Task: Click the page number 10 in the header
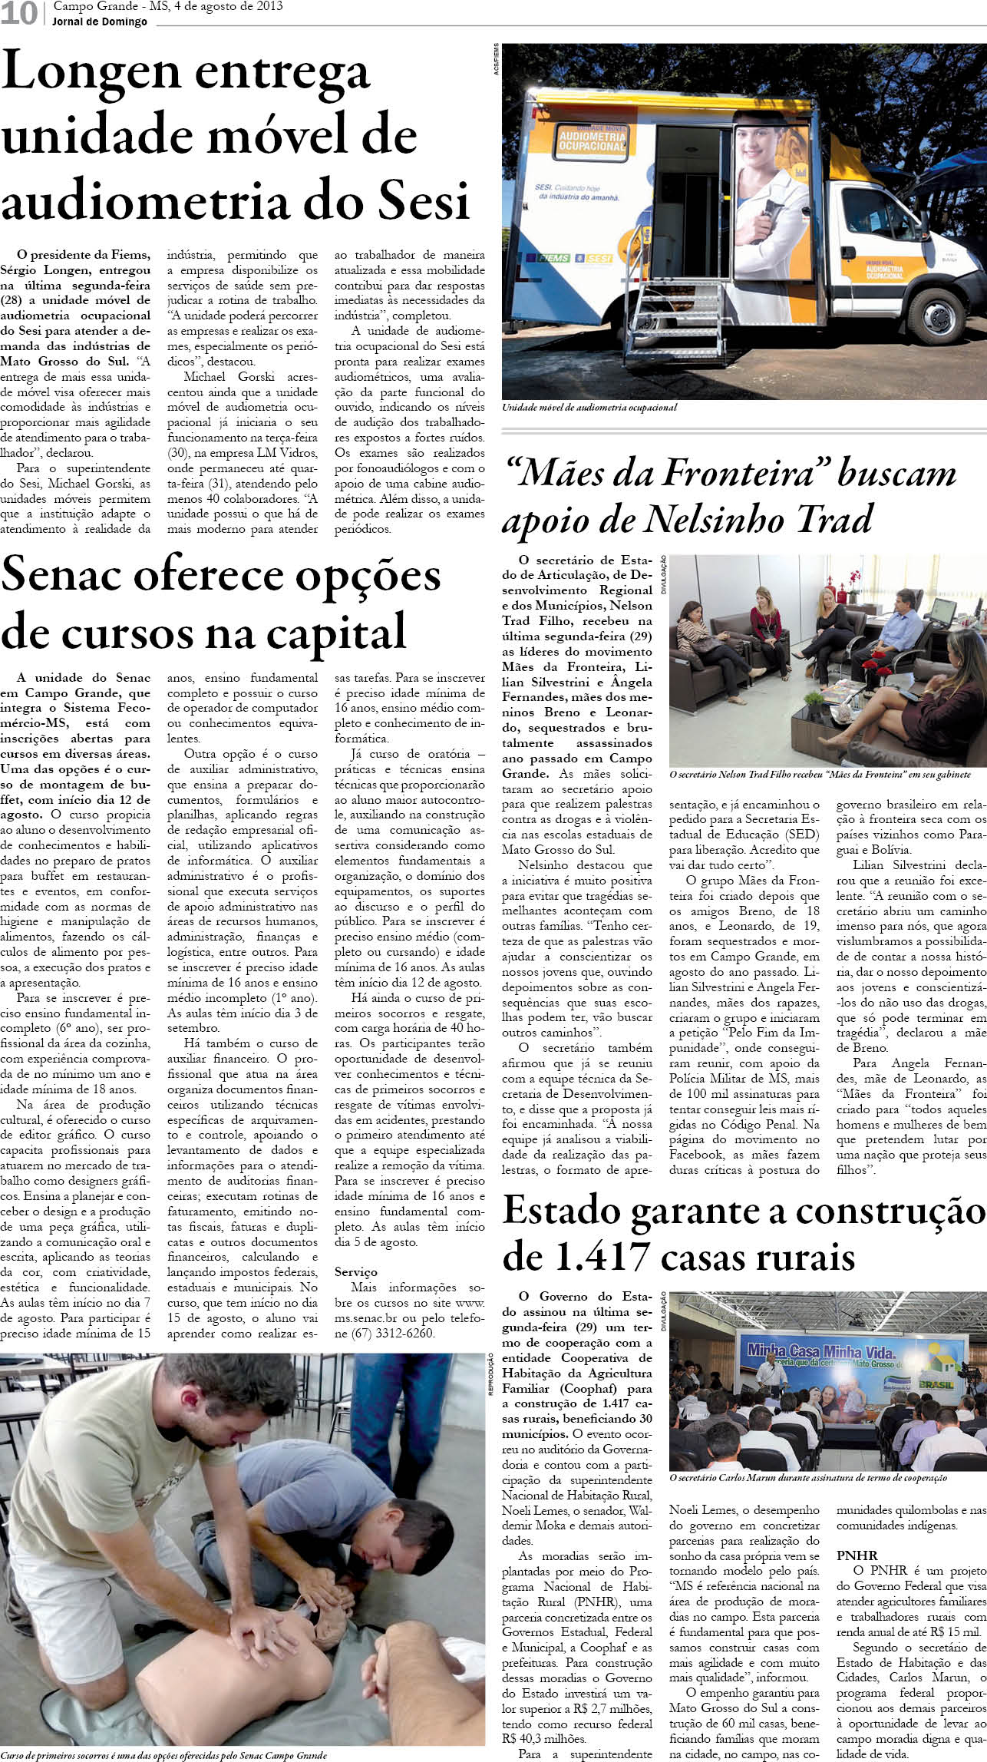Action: pos(18,13)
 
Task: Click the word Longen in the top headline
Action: pos(89,74)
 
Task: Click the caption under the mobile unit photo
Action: pos(589,408)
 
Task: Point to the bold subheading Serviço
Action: pos(356,1272)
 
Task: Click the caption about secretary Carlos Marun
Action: pos(807,1478)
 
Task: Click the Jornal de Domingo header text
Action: pos(100,21)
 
